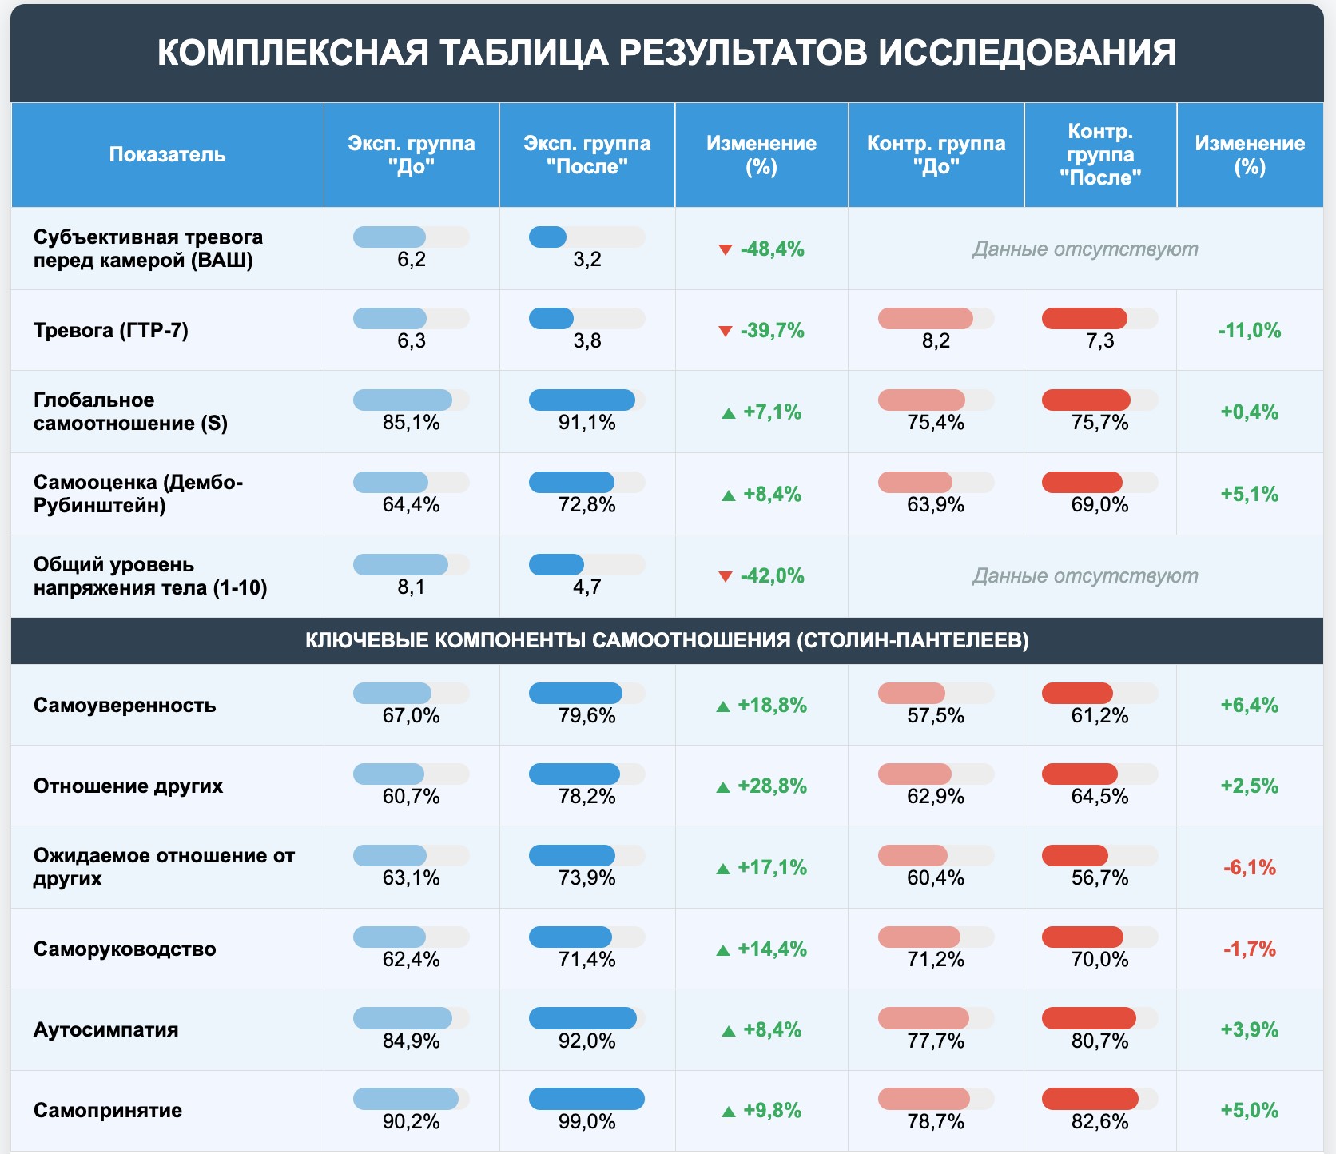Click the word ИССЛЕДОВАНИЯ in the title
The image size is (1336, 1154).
coord(1027,53)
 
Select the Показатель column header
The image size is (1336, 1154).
coord(167,154)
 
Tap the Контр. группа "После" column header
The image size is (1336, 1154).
coord(1099,154)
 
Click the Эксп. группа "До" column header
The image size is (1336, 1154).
coord(411,154)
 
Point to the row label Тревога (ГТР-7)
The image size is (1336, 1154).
coord(111,330)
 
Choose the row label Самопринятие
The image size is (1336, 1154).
coord(108,1110)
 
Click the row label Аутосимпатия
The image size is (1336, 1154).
coord(105,1029)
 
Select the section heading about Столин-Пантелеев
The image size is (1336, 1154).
coord(666,640)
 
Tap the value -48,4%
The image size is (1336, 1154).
coord(772,249)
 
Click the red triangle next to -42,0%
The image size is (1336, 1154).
coord(726,576)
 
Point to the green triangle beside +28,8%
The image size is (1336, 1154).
coord(723,787)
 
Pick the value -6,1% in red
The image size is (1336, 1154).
coord(1249,867)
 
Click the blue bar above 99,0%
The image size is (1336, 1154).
coord(586,1099)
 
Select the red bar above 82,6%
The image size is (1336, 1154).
coord(1090,1099)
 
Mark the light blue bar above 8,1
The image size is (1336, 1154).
coord(400,564)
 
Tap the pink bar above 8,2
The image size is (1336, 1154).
coord(925,318)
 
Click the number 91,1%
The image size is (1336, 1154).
coord(586,422)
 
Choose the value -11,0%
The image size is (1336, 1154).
coord(1249,330)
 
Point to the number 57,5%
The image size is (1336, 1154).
coord(935,715)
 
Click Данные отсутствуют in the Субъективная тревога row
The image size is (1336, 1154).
coord(1084,249)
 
